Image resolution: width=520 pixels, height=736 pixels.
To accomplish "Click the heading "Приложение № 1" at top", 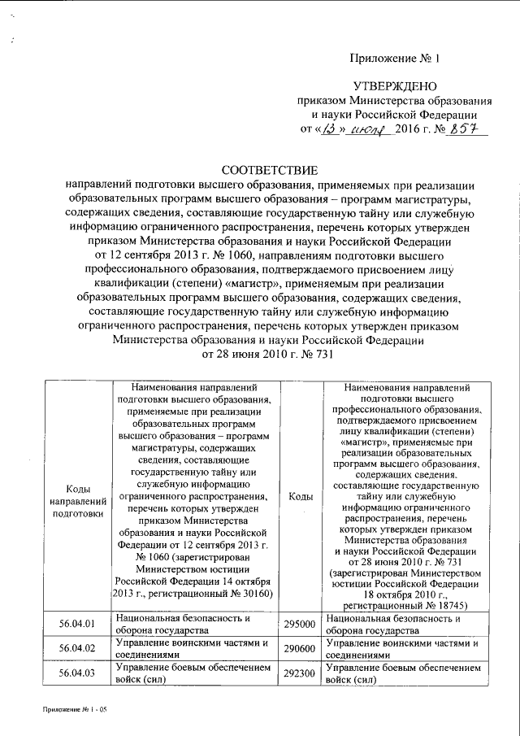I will (394, 58).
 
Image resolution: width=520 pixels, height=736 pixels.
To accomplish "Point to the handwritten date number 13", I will (328, 128).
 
